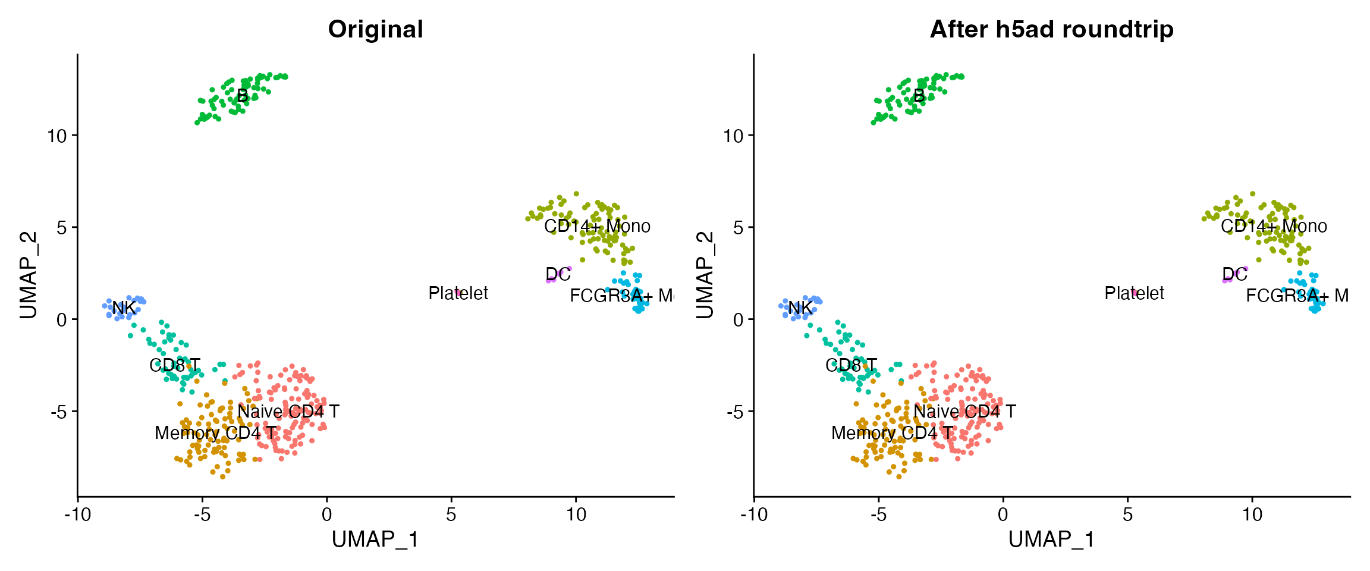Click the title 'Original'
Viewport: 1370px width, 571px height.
tap(375, 29)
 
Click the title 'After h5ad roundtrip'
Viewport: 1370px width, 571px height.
tap(1051, 29)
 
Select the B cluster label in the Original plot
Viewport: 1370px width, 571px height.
tap(242, 96)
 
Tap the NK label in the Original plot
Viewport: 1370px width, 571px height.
tap(124, 308)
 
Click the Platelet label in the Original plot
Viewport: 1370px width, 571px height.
tap(458, 293)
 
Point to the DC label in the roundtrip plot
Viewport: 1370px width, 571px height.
tap(1234, 274)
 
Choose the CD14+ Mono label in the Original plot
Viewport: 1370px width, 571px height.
tap(597, 226)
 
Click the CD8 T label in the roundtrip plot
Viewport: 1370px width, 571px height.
tap(851, 365)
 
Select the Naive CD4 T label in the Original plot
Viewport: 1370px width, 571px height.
tap(288, 412)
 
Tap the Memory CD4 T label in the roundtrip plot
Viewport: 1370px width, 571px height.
tap(891, 433)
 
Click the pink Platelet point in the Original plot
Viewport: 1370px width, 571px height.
tap(459, 293)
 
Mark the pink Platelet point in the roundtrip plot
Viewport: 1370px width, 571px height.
tap(1135, 293)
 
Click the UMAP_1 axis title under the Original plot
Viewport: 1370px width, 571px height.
tap(375, 539)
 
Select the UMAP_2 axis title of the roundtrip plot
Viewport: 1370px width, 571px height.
tap(705, 275)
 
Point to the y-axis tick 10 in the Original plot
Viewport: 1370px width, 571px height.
tap(58, 136)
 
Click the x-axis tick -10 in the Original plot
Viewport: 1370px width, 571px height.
tap(77, 514)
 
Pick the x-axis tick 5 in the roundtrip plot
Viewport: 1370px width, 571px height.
tap(1127, 514)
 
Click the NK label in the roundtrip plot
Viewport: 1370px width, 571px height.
tap(800, 308)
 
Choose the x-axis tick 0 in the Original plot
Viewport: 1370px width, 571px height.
tap(326, 514)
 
